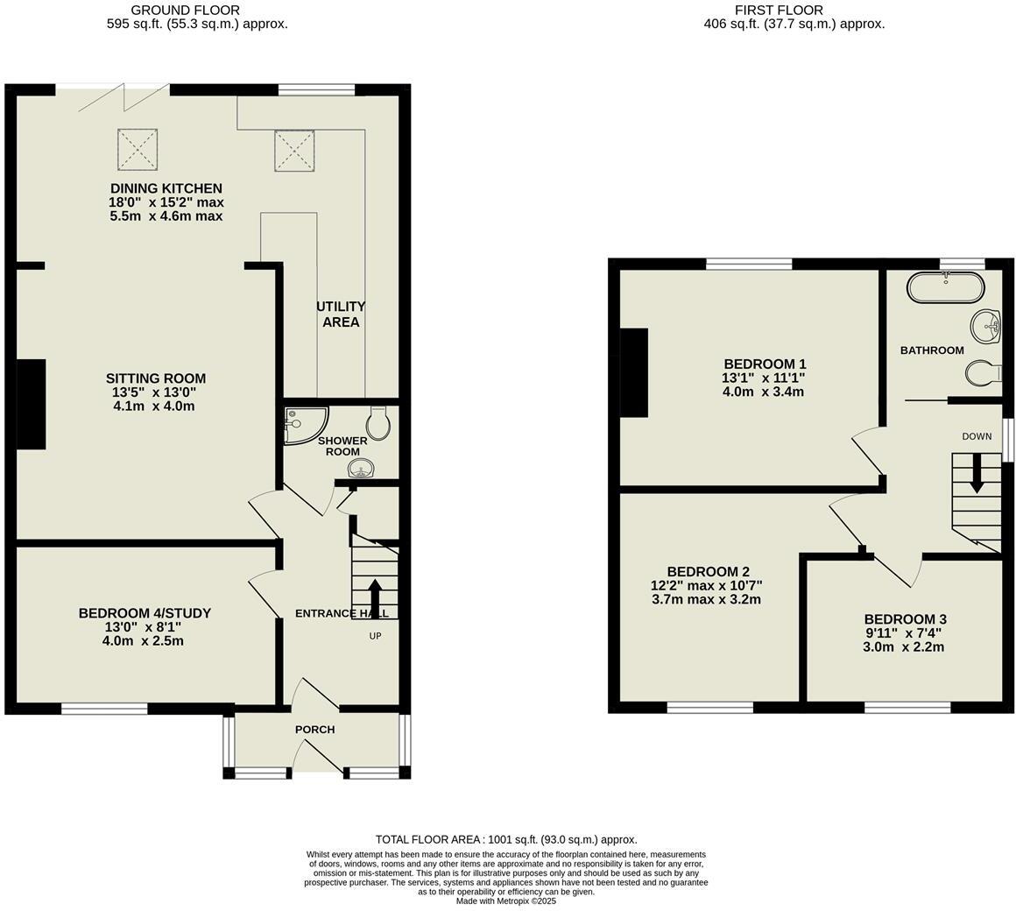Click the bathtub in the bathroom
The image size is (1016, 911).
pos(946,287)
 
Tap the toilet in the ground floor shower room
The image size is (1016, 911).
pos(378,424)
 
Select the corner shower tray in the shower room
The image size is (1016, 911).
pos(302,424)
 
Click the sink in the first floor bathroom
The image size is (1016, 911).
pos(986,327)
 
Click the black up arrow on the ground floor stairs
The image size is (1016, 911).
pos(375,597)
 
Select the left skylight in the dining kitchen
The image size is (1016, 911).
pos(138,148)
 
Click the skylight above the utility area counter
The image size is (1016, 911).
pos(294,150)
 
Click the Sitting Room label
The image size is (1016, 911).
pos(156,378)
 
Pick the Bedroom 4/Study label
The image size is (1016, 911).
pos(145,613)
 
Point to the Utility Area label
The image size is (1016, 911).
pos(341,314)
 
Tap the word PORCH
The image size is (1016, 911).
pos(314,730)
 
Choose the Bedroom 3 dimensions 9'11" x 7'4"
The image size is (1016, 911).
pos(905,633)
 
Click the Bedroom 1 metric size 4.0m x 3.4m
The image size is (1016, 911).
pos(763,392)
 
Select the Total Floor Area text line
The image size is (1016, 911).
pos(506,839)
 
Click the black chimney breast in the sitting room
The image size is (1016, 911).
pos(32,405)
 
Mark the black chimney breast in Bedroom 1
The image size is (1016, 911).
pos(634,372)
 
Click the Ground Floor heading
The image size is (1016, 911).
pos(185,11)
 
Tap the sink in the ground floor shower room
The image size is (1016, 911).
pos(361,469)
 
